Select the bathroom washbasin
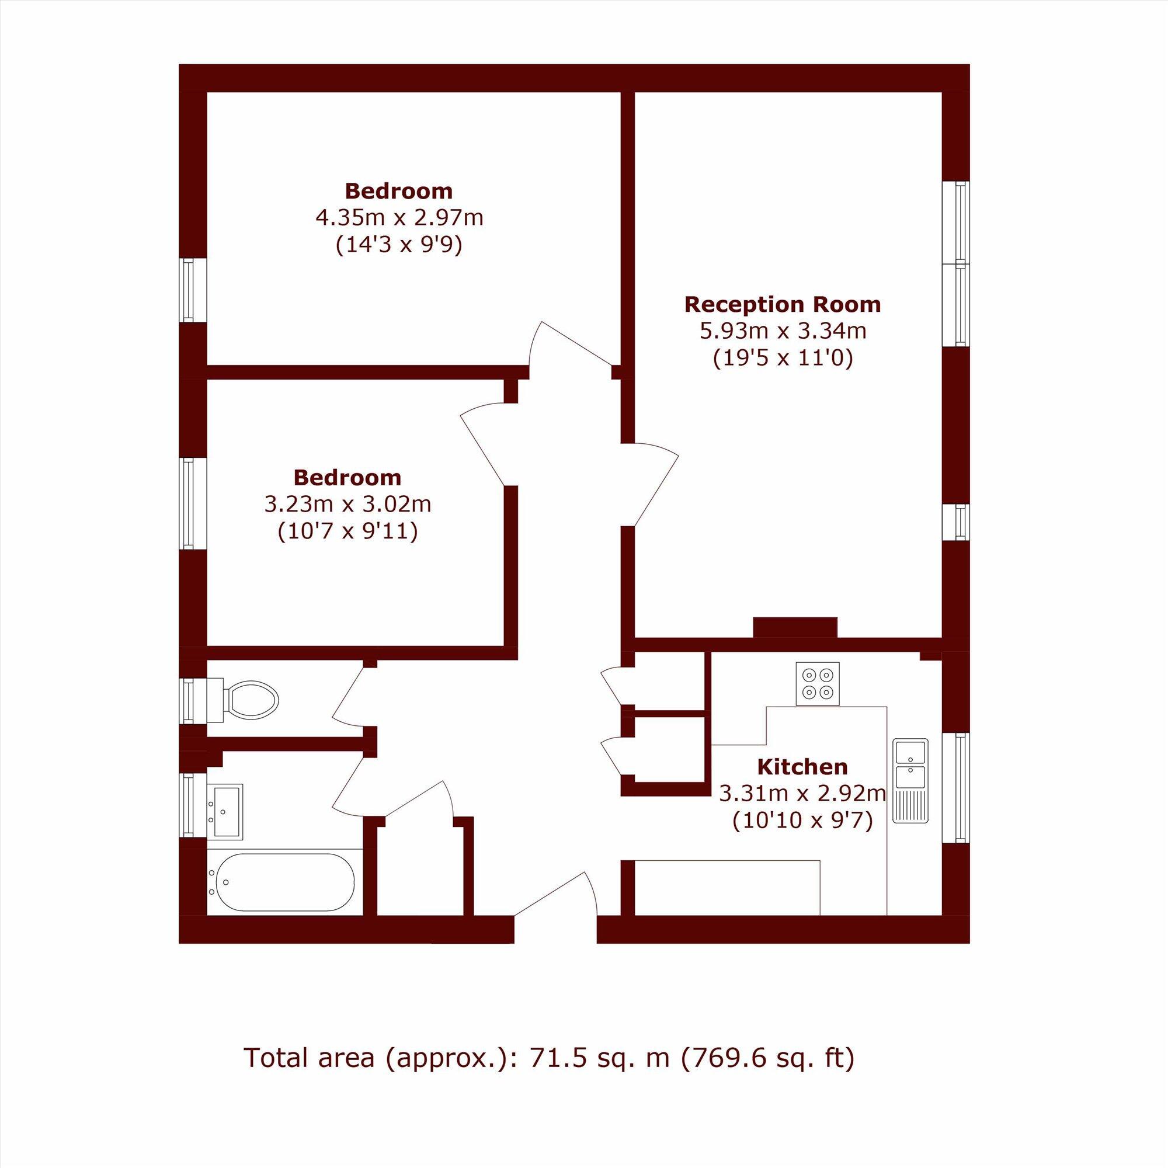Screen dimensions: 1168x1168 [x=225, y=811]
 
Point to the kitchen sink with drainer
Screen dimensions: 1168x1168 [x=912, y=780]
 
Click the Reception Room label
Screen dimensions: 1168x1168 [x=783, y=304]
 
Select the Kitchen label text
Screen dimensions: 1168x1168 [x=802, y=767]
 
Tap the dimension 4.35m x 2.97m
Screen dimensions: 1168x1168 [x=399, y=218]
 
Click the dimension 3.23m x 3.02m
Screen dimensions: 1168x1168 [x=347, y=503]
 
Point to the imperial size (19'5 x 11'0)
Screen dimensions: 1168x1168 [x=783, y=359]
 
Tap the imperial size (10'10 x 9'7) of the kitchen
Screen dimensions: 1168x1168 [x=802, y=821]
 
